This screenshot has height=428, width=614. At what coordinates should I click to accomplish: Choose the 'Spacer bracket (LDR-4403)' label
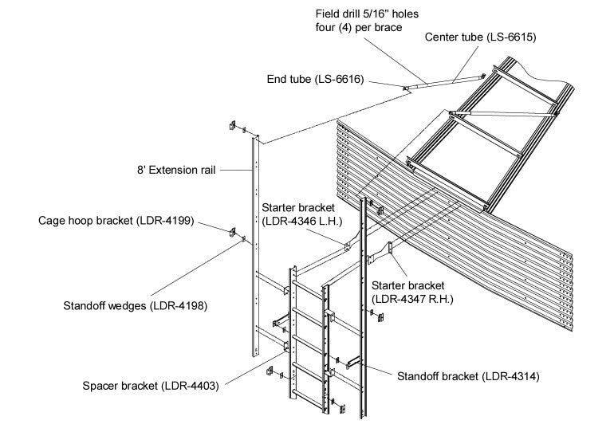point(151,386)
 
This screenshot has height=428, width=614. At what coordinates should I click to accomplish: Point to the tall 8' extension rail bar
point(257,239)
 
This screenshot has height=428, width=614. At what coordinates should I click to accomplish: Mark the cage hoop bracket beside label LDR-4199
point(234,233)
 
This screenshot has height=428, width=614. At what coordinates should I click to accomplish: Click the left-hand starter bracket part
point(349,245)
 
